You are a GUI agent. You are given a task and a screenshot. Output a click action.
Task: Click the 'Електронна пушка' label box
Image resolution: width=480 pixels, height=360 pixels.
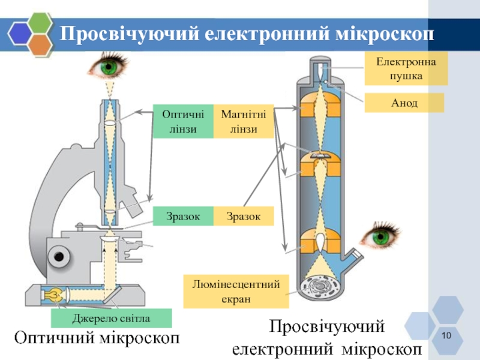pyautogui.click(x=407, y=68)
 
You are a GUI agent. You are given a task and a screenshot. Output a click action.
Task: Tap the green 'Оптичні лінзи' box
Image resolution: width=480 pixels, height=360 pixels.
pyautogui.click(x=183, y=122)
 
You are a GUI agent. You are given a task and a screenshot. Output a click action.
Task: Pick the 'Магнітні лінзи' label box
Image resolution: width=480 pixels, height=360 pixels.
pyautogui.click(x=244, y=122)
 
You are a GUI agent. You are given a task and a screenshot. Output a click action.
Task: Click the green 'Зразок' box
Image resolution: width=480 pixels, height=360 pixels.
pyautogui.click(x=183, y=216)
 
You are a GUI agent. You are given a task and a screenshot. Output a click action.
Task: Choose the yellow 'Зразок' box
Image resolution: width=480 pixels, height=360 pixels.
pyautogui.click(x=244, y=216)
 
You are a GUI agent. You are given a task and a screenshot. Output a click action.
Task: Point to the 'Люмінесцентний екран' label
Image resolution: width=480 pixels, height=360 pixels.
pyautogui.click(x=236, y=291)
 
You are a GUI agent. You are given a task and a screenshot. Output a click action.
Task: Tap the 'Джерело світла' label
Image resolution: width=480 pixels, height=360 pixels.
pyautogui.click(x=112, y=317)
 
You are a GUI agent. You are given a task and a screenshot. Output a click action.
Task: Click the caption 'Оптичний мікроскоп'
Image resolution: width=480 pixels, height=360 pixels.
pyautogui.click(x=97, y=338)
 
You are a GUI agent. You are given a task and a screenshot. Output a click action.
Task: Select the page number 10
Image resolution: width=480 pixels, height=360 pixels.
pyautogui.click(x=445, y=335)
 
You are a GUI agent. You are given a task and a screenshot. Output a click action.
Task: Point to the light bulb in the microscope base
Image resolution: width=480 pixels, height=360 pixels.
pyautogui.click(x=52, y=294)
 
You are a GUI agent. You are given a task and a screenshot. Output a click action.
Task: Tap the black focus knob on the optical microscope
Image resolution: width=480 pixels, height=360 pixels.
pyautogui.click(x=58, y=257)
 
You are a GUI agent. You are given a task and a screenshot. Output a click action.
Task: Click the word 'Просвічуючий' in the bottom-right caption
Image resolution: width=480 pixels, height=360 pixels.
pyautogui.click(x=326, y=328)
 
